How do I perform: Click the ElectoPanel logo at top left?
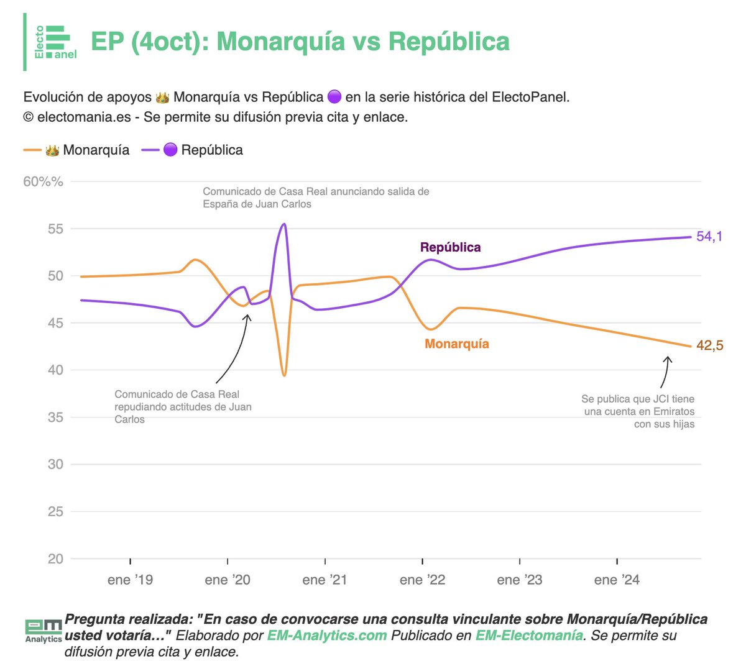[x=55, y=42]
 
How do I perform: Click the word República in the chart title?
[x=449, y=42]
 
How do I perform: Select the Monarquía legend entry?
[x=76, y=150]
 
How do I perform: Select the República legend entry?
[x=193, y=150]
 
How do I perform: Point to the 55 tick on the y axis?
[x=55, y=229]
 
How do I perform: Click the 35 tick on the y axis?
[x=55, y=417]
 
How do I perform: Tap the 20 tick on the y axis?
[x=55, y=558]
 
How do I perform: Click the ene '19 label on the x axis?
[x=130, y=580]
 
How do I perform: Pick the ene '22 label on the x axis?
[x=422, y=580]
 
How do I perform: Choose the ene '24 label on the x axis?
[x=617, y=580]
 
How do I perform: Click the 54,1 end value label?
[x=709, y=236]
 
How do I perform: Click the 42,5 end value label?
[x=709, y=345]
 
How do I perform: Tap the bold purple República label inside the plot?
[x=450, y=247]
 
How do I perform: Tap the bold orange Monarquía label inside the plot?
[x=456, y=344]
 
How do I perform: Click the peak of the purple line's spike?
[x=284, y=224]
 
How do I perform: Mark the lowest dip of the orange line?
[x=284, y=376]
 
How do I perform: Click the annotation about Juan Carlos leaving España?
[x=316, y=198]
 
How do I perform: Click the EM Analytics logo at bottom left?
[x=43, y=630]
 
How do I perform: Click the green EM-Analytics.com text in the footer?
[x=327, y=636]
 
